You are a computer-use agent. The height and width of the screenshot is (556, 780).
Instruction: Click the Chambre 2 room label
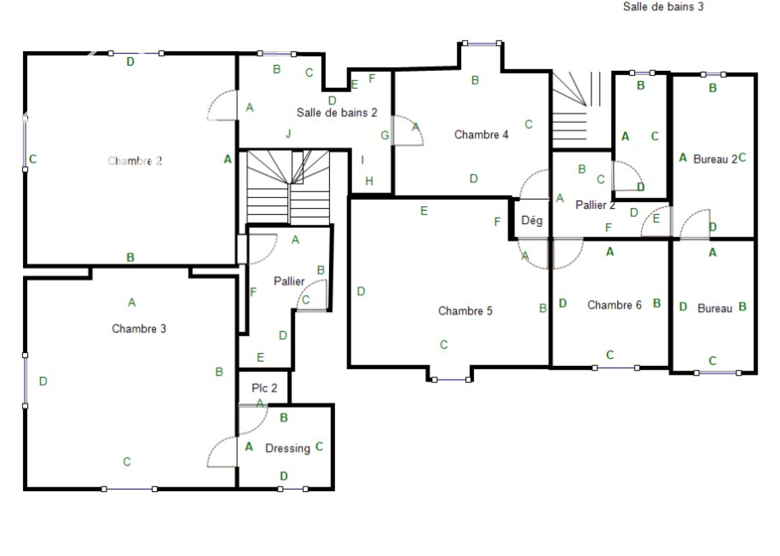coord(135,161)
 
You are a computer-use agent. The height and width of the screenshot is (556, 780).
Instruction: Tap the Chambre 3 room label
coord(139,329)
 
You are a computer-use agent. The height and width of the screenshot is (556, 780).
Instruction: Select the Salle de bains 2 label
coord(337,113)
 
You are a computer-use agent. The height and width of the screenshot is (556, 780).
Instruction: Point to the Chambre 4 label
coord(481,135)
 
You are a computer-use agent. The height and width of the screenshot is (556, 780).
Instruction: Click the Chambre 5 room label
coord(465,311)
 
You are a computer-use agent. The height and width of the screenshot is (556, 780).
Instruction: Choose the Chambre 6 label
coord(614,305)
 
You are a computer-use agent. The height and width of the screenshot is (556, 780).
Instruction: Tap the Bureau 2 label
coord(715,159)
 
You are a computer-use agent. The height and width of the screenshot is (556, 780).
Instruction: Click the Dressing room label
coord(288,448)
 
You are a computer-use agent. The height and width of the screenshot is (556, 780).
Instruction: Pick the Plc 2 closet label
coord(264,388)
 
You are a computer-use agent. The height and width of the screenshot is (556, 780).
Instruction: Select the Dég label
coord(532,220)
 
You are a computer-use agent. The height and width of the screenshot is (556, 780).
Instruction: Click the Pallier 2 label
coord(595,204)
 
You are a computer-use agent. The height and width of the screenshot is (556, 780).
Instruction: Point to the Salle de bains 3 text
coord(663,7)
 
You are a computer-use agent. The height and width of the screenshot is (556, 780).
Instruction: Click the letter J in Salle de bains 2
coord(288,134)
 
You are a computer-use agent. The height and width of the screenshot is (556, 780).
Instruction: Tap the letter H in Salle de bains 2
coord(369,181)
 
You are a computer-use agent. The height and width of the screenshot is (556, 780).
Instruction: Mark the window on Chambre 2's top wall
coord(136,53)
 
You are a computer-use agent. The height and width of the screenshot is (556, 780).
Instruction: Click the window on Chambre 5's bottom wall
coord(451,379)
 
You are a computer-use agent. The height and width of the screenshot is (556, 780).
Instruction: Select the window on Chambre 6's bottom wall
coord(616,368)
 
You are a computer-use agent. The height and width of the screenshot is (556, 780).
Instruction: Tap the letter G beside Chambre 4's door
coord(385,135)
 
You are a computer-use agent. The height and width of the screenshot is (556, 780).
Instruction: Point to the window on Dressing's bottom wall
coord(293,489)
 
